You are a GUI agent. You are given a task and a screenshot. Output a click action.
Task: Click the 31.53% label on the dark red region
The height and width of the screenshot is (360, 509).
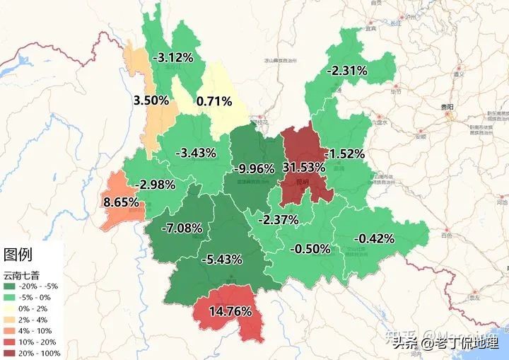click(304, 168)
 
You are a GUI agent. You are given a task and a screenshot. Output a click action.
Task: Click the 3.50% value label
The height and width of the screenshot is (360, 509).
click(151, 100)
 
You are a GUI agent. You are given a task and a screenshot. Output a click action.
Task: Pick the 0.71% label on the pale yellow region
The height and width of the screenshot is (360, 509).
click(214, 101)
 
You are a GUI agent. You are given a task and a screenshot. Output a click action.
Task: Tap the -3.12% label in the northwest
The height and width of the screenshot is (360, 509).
click(176, 57)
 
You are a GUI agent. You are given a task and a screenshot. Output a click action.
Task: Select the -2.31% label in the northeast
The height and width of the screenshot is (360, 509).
click(347, 71)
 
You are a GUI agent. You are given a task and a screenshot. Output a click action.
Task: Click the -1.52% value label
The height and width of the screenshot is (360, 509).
click(344, 153)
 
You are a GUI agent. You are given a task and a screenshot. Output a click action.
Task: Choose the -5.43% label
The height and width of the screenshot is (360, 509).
click(223, 259)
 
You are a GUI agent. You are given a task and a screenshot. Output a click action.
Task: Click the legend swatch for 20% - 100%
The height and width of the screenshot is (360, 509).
click(9, 352)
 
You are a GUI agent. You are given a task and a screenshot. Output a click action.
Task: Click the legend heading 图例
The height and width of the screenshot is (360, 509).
click(18, 255)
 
